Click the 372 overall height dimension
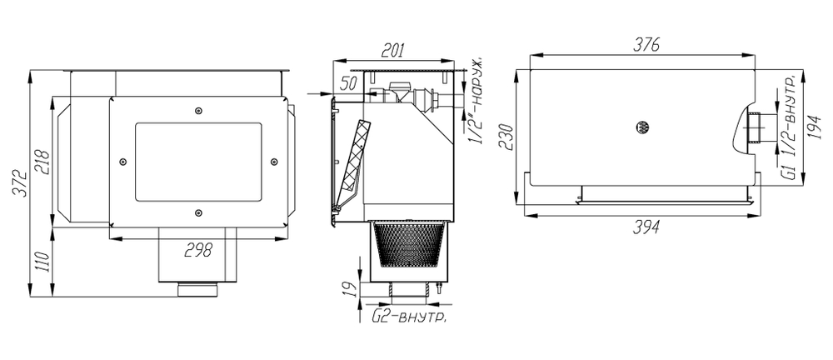[x=19, y=183]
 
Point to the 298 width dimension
[x=198, y=249]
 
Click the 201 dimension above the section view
[x=394, y=51]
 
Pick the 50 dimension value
[x=348, y=83]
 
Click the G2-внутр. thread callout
[x=408, y=317]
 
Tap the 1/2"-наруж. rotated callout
[x=476, y=99]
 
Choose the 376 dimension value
[x=646, y=45]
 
